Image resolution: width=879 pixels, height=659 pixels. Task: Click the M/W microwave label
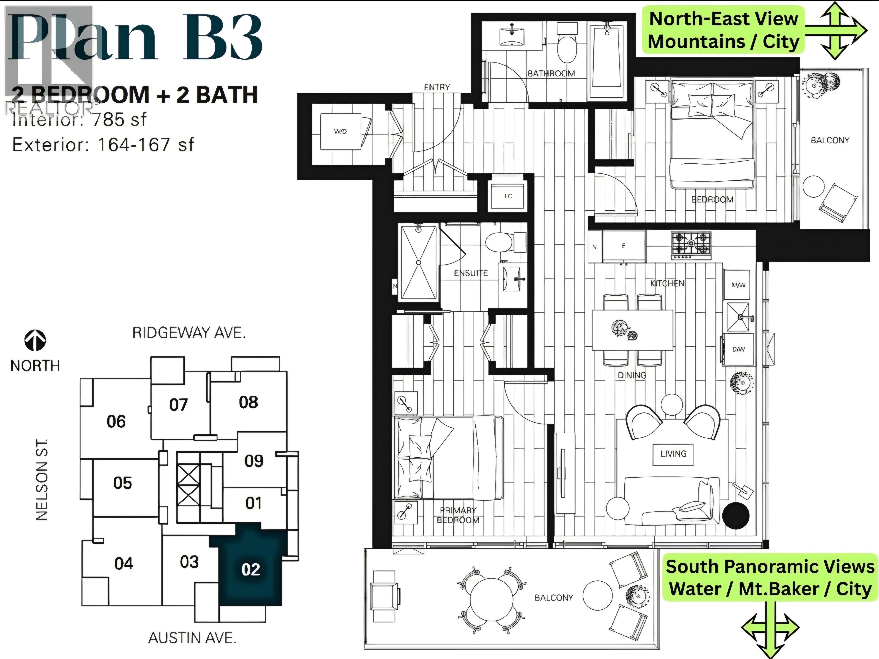tap(738, 285)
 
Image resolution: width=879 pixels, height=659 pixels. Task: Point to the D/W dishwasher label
tap(738, 349)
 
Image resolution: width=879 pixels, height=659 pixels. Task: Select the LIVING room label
tap(673, 454)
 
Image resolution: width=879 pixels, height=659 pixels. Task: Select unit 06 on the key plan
tap(116, 421)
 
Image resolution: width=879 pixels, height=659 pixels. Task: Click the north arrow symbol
tap(35, 341)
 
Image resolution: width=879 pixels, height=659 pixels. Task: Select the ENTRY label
tap(437, 87)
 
